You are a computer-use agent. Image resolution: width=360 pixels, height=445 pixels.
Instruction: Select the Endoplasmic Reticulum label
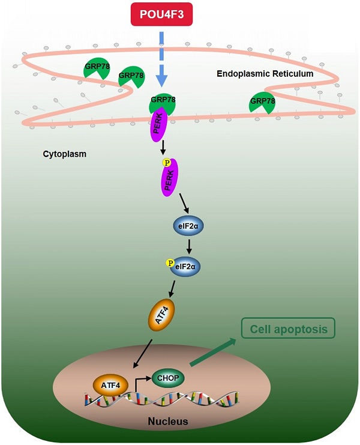click(265, 74)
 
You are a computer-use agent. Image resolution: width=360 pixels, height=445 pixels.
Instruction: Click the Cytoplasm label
click(64, 154)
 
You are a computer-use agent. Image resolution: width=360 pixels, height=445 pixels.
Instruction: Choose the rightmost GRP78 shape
click(262, 102)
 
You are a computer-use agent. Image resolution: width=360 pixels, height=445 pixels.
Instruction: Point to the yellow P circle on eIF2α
click(170, 262)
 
